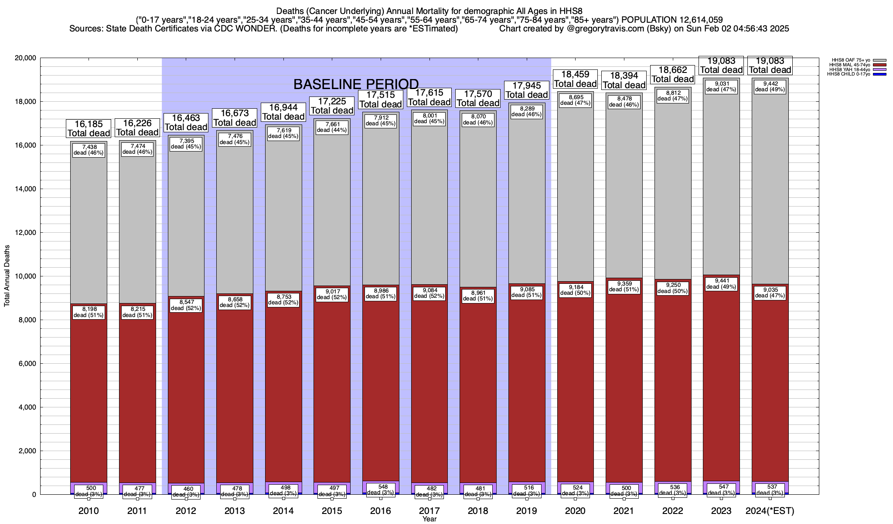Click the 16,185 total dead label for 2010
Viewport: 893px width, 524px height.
[89, 128]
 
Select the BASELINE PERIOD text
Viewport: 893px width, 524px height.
[356, 84]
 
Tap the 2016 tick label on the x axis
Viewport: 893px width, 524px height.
[381, 511]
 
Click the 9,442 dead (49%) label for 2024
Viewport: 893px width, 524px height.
[770, 86]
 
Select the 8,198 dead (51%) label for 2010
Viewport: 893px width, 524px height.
[89, 312]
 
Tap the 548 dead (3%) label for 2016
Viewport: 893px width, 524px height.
[381, 489]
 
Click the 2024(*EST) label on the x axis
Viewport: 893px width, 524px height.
[770, 511]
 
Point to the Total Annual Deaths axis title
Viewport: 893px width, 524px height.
[7, 276]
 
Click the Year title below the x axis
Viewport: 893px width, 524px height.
[429, 519]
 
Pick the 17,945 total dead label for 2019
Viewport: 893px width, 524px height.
[527, 90]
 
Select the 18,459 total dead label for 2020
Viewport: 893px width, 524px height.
[575, 79]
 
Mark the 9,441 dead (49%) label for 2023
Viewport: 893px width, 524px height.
[721, 284]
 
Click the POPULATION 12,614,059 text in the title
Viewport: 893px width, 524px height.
[672, 20]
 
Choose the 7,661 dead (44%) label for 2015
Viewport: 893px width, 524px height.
[332, 127]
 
